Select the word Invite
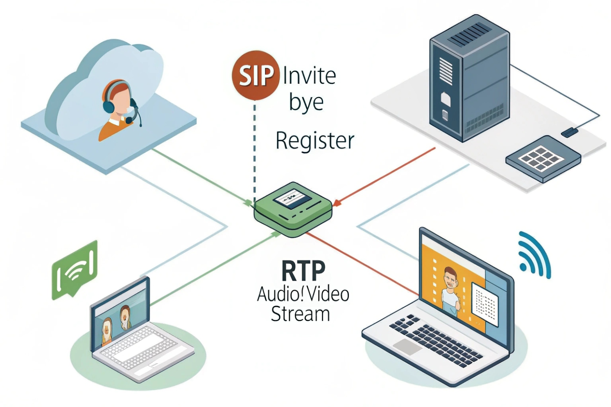(310, 76)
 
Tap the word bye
(306, 102)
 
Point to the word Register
(315, 141)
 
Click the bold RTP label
(303, 270)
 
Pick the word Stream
(300, 314)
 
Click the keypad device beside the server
(543, 158)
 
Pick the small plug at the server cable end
(569, 132)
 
